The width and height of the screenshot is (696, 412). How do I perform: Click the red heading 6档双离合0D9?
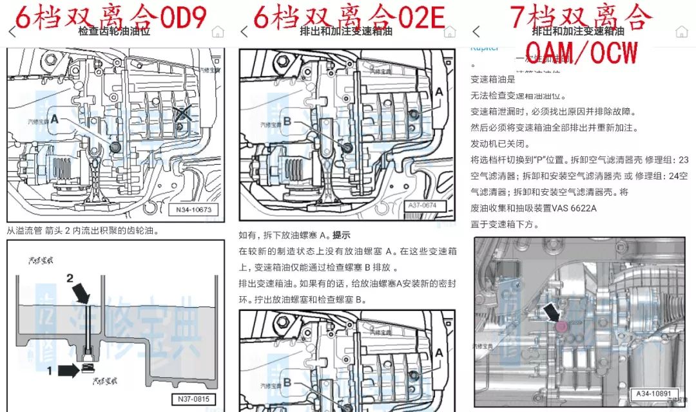click(x=110, y=17)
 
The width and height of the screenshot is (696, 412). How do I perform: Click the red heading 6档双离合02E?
click(x=349, y=17)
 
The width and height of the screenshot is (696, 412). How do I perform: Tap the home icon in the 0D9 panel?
click(x=218, y=32)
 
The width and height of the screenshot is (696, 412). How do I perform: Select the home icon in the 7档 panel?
click(x=681, y=32)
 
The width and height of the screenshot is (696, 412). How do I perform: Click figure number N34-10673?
click(x=193, y=210)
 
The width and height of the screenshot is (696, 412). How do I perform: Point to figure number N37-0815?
click(x=193, y=399)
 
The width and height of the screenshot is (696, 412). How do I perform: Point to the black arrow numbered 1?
click(x=70, y=370)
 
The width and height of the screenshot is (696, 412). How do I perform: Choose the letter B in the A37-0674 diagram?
click(x=287, y=120)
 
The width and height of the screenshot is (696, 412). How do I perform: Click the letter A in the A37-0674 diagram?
click(x=440, y=92)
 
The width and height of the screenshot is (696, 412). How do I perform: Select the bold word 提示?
click(x=341, y=235)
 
